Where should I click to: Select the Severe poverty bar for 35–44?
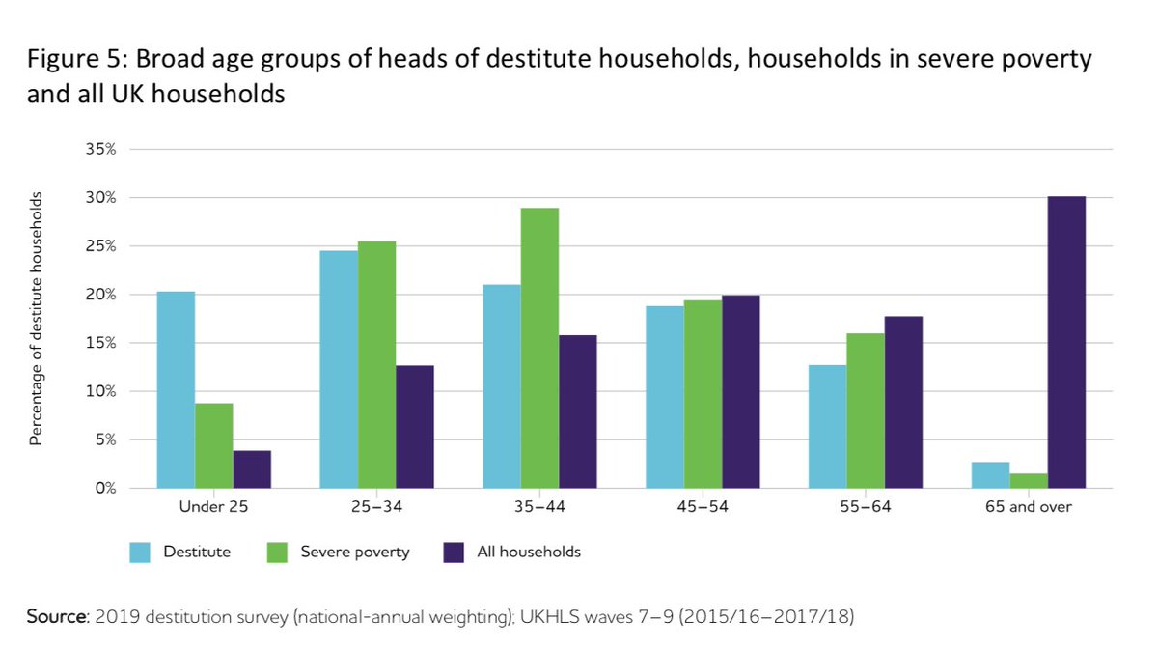tap(539, 348)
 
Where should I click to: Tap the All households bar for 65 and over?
tap(1066, 342)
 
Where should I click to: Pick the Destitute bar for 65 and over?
tap(991, 475)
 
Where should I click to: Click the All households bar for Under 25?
tap(252, 469)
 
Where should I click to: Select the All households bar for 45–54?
tap(740, 391)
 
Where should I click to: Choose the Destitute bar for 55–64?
tap(828, 426)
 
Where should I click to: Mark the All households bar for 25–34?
tap(414, 426)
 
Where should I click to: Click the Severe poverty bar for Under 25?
tap(214, 445)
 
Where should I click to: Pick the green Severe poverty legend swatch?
tap(276, 553)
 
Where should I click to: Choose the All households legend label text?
tap(529, 553)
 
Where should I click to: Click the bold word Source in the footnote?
tap(55, 616)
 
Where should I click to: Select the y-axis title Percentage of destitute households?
tap(36, 319)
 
